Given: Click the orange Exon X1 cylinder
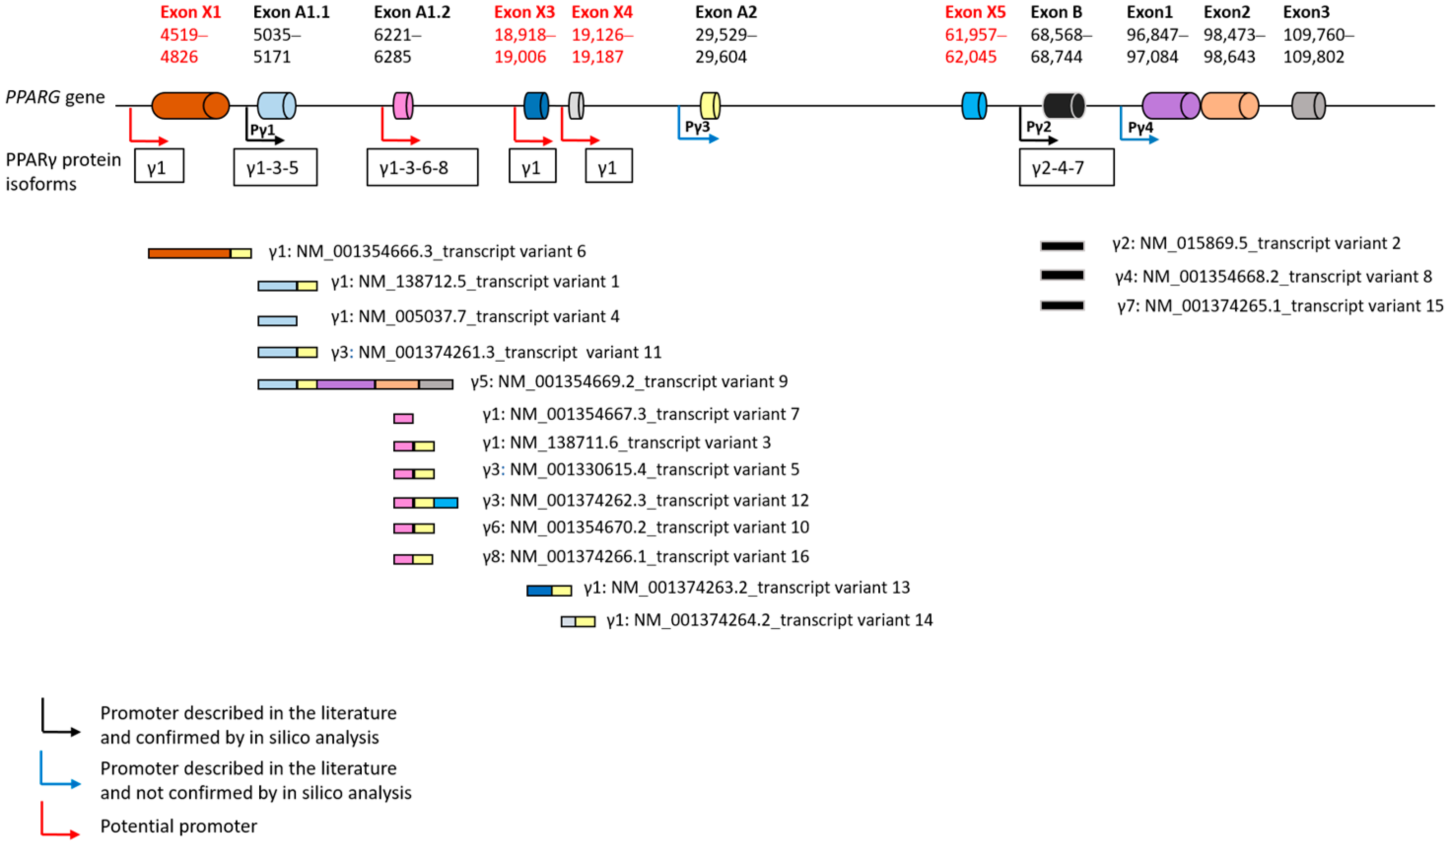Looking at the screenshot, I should (x=190, y=105).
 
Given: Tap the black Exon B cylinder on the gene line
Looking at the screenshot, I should (x=1064, y=106).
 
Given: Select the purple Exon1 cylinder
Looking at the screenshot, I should (x=1170, y=106).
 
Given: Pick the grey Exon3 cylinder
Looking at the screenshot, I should (x=1308, y=106).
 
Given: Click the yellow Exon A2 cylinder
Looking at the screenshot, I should (x=710, y=106).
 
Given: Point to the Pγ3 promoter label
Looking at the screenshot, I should (x=697, y=127).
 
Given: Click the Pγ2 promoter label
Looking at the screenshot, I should (x=1038, y=127).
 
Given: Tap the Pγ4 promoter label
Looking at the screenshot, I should (x=1140, y=128).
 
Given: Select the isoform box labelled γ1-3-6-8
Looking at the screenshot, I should (x=422, y=168).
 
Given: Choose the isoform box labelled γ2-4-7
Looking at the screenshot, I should (x=1067, y=168).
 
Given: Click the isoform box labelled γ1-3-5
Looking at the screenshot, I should (x=275, y=168).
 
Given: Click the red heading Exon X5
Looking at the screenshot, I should (x=975, y=12).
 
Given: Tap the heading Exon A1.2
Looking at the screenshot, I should (x=412, y=12).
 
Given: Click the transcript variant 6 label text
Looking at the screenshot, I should (x=427, y=251).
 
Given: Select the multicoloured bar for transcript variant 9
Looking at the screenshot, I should (x=355, y=384).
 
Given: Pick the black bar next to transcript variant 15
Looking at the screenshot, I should (x=1062, y=306).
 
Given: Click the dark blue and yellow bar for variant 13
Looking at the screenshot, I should (x=549, y=590).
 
